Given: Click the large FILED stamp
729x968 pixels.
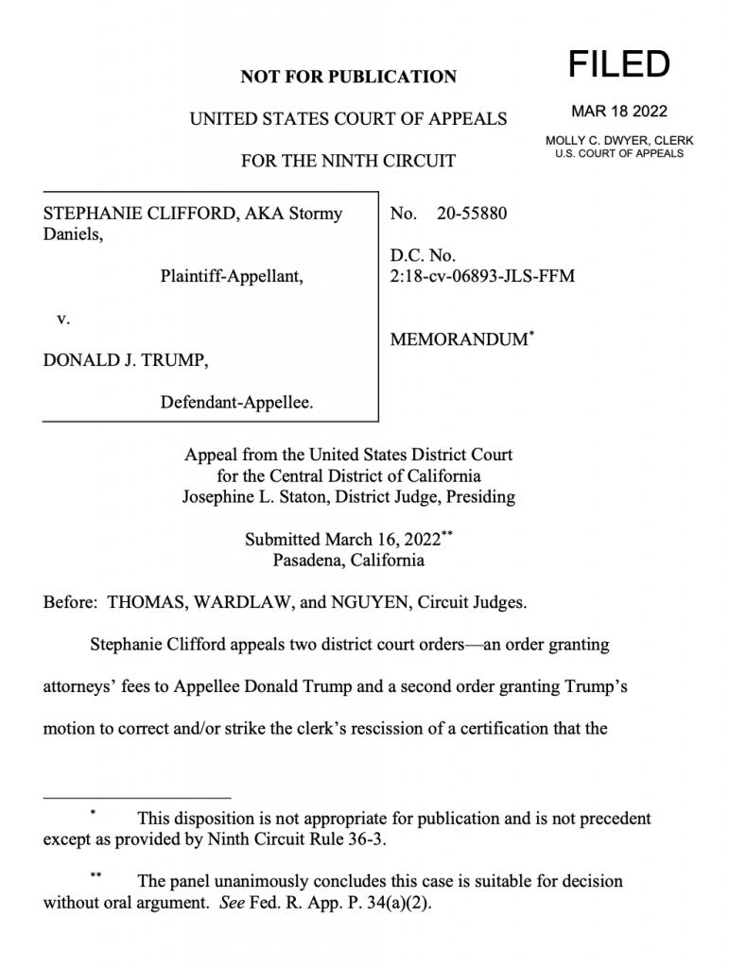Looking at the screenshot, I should click(x=618, y=64).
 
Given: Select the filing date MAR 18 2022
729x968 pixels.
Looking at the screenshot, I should click(x=619, y=112).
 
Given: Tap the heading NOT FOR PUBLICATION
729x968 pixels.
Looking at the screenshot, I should click(x=348, y=77).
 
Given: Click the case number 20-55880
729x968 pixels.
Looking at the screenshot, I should click(x=472, y=214).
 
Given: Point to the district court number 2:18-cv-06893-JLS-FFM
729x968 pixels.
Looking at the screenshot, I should click(x=482, y=276).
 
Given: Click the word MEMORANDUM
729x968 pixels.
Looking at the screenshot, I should click(x=458, y=339).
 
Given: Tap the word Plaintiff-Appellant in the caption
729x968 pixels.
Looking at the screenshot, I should click(x=232, y=276).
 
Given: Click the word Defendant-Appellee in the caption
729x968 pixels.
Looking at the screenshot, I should click(x=236, y=403).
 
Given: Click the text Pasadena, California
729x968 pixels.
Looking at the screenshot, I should click(x=348, y=560).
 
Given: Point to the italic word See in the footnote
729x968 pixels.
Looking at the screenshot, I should click(x=232, y=902).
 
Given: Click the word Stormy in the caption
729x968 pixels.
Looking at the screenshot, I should click(x=315, y=214).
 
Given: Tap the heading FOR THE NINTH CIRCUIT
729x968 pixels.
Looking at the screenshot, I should click(x=348, y=161).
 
